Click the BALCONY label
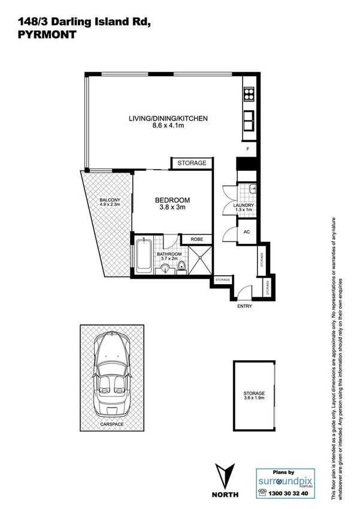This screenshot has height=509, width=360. click(110, 200)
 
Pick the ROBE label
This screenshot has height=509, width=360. click(197, 239)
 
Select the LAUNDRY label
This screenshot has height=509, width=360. click(244, 206)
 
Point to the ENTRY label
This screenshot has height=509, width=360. click(244, 306)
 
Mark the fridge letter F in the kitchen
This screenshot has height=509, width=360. click(247, 148)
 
